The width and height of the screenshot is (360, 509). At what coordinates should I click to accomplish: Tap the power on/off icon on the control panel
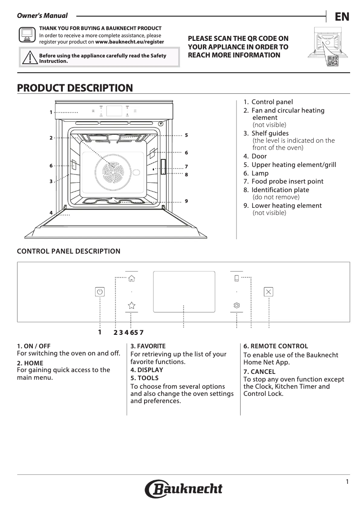100,292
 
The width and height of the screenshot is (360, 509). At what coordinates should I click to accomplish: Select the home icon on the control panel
132,278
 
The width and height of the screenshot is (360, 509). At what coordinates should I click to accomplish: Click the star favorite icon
132,306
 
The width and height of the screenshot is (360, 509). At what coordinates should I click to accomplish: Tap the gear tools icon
237,306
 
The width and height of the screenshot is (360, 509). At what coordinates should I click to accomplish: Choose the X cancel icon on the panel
268,292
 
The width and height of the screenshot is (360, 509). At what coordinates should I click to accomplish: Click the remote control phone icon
237,278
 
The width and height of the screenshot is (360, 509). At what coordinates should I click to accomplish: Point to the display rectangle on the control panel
184,291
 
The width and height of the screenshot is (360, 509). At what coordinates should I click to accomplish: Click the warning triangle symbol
30,58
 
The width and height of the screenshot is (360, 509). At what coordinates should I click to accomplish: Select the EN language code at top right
342,17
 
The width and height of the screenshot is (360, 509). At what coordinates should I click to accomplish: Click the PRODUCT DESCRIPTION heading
75,88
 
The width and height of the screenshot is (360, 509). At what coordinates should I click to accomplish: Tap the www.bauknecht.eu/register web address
130,42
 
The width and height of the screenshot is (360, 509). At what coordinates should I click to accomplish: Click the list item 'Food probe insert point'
287,181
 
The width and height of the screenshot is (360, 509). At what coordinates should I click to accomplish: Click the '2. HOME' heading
30,363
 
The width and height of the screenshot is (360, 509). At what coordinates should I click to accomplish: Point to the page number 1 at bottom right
347,482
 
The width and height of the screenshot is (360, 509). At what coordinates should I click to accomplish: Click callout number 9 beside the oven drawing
186,200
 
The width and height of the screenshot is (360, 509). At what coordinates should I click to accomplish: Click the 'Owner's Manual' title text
42,16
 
